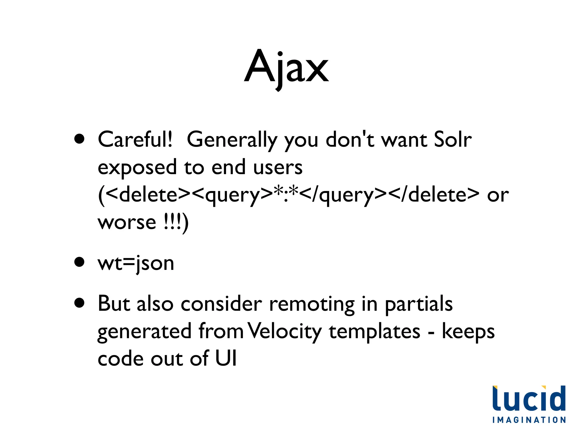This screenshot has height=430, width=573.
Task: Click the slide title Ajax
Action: click(x=286, y=67)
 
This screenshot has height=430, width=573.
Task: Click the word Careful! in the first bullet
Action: click(x=135, y=139)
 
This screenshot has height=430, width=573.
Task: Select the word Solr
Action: click(x=452, y=139)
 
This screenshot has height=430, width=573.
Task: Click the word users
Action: click(x=278, y=167)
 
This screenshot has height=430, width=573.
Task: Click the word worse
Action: click(x=126, y=223)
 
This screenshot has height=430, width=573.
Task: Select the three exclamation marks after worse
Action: click(x=172, y=223)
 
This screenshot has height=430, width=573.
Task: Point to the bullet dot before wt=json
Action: click(x=79, y=262)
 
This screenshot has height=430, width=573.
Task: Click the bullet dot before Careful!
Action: click(x=79, y=139)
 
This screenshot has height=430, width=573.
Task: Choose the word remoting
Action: click(x=312, y=304)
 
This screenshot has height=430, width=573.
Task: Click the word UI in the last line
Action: click(x=226, y=358)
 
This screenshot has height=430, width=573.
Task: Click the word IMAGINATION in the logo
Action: click(x=529, y=420)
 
